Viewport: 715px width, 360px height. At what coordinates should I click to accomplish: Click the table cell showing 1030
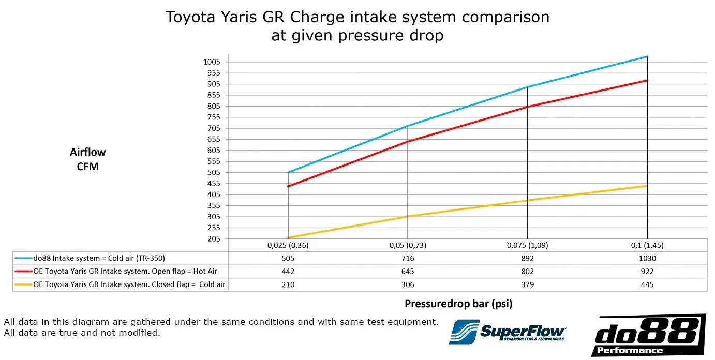(x=647, y=258)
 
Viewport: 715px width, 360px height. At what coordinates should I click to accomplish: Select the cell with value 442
(x=288, y=272)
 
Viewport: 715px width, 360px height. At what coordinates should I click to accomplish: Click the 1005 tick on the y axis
(x=212, y=62)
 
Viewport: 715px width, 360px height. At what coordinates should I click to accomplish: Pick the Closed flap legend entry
(x=129, y=284)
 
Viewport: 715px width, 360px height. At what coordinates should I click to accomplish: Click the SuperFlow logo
(x=508, y=331)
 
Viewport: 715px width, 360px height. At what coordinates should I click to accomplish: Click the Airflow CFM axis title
(x=87, y=159)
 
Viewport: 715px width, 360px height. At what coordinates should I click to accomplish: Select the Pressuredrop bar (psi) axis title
(x=458, y=304)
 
